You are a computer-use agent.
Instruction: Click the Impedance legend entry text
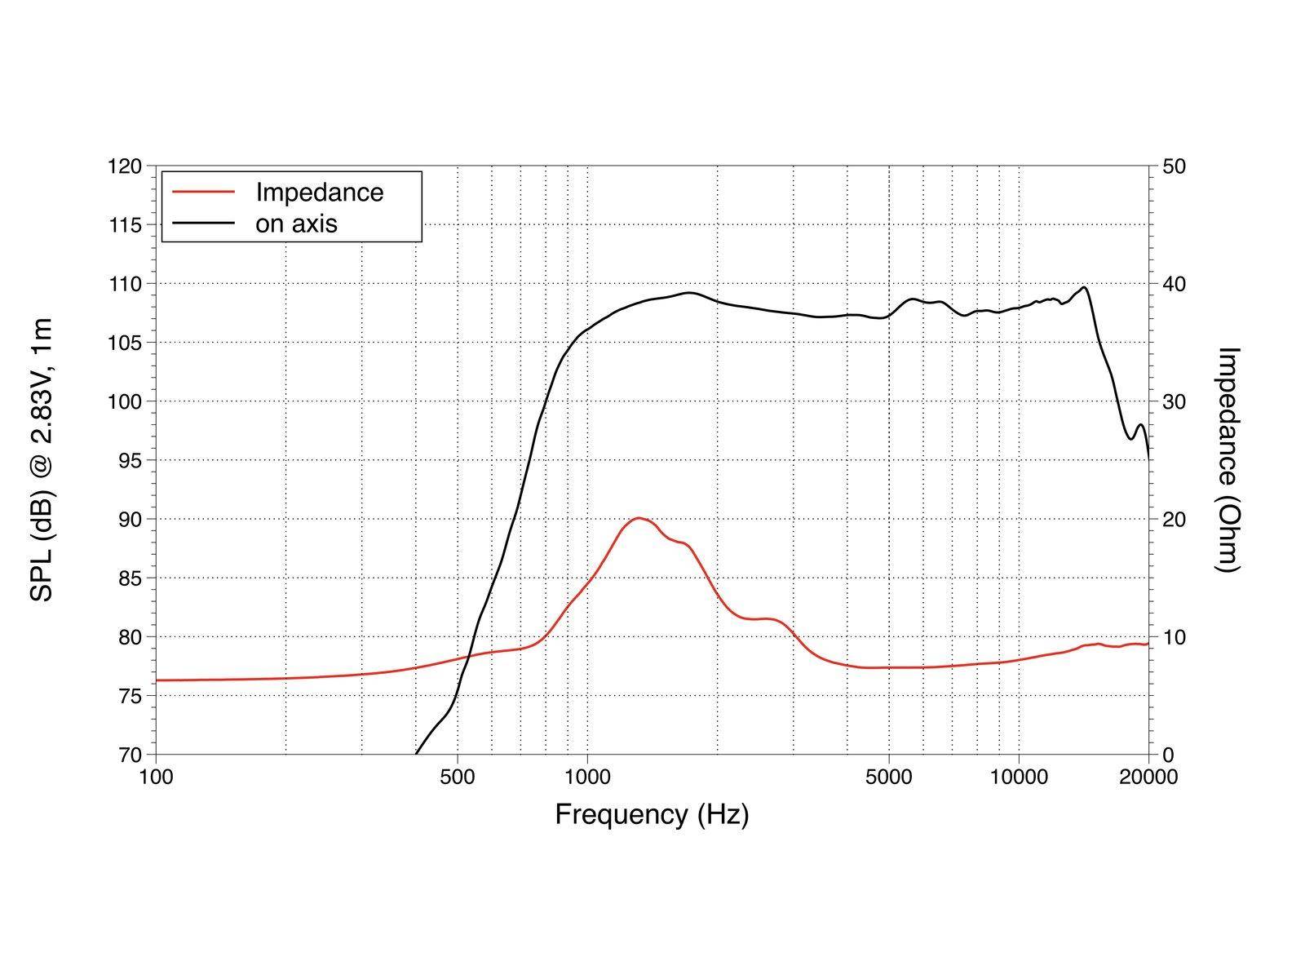319,193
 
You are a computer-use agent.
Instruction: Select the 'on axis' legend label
296,224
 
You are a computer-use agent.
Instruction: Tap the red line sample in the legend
204,193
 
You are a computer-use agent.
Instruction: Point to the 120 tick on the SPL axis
125,166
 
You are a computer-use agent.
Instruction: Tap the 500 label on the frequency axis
457,777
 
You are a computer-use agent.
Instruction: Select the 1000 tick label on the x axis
587,777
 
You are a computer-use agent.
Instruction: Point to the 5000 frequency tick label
889,777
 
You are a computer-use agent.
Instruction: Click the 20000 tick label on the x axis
1148,777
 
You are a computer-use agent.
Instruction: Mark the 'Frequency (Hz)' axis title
652,814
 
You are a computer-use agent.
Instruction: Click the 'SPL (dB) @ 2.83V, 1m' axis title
42,460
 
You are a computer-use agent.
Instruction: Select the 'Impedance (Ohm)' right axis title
1228,460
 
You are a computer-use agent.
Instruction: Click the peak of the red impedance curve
638,518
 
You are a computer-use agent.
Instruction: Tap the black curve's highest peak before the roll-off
1084,287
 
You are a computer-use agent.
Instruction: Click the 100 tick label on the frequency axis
156,777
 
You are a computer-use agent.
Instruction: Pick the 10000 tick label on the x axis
1019,777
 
